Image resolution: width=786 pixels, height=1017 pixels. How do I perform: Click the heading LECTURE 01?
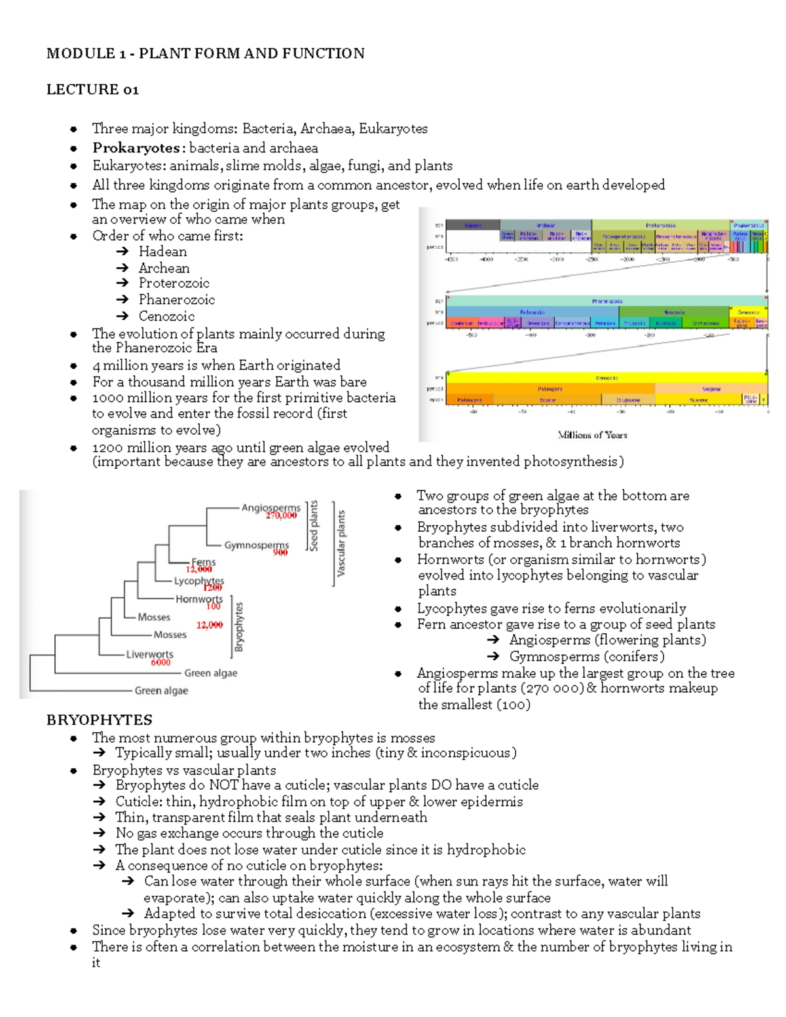92,90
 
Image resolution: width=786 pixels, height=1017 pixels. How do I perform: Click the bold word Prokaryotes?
136,148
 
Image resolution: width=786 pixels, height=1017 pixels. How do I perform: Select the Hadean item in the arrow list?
162,251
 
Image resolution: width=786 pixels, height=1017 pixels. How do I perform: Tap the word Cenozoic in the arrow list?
166,316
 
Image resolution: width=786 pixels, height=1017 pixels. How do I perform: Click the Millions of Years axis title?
592,435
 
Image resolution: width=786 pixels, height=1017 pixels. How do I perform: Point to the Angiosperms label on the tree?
271,508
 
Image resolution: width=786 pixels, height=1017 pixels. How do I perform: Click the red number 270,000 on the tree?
281,516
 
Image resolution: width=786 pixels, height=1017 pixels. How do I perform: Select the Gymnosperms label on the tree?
256,545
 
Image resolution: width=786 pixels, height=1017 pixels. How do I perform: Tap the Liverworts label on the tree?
149,654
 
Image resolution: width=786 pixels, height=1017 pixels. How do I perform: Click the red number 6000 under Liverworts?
160,662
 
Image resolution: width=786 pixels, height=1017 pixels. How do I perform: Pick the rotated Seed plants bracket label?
314,526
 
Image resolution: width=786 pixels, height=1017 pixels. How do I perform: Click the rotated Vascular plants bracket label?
341,544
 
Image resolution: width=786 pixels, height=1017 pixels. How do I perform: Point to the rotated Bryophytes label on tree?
239,627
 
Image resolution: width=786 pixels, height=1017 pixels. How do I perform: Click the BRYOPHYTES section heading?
99,720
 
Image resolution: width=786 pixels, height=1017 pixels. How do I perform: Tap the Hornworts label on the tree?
198,599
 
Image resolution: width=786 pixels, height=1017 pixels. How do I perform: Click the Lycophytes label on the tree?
198,581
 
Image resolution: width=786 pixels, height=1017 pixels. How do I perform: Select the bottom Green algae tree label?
161,690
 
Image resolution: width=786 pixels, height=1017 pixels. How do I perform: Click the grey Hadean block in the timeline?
472,226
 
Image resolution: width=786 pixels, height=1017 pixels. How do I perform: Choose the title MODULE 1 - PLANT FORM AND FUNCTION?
205,54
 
